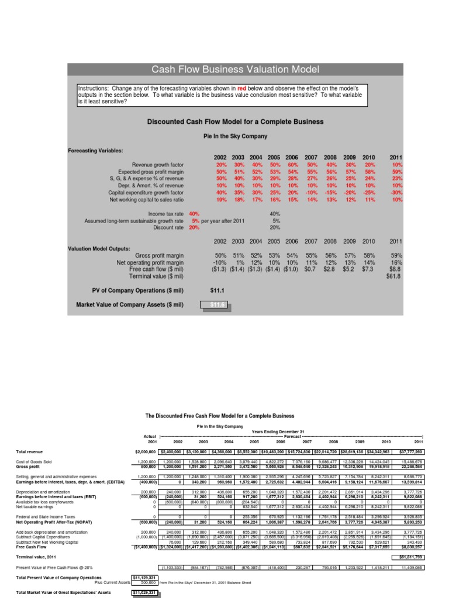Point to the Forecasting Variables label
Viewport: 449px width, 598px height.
coord(95,151)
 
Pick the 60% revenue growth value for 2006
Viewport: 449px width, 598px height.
coord(291,165)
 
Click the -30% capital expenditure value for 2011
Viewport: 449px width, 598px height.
coord(396,192)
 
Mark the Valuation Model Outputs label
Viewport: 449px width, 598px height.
coord(98,248)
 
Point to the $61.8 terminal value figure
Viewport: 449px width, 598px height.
coord(395,276)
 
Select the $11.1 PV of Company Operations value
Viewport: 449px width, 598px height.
coord(217,289)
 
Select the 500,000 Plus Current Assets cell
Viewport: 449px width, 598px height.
coord(146,581)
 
